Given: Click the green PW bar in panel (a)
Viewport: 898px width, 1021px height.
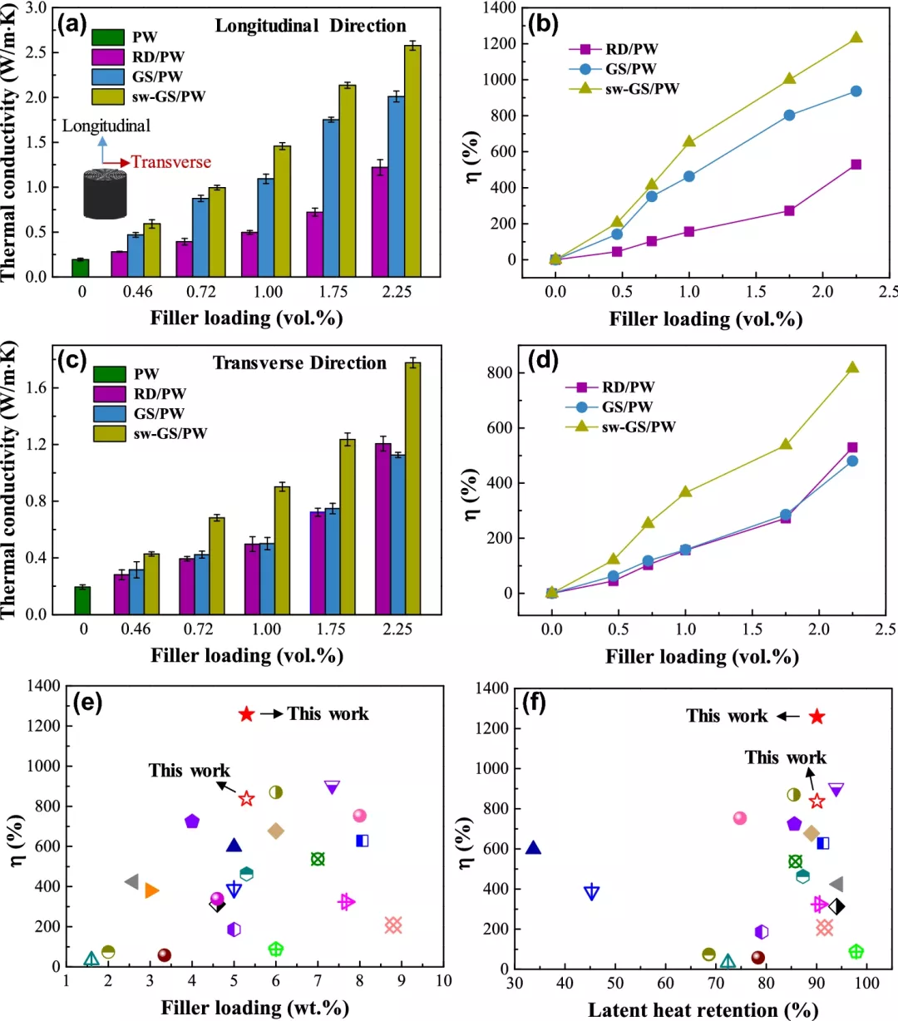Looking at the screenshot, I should click(x=80, y=268).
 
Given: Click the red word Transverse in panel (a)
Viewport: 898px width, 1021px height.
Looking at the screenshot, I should click(x=171, y=162).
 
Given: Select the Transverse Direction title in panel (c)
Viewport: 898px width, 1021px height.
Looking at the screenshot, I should click(x=299, y=363).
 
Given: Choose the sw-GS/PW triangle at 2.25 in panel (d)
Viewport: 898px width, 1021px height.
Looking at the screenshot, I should click(x=852, y=367).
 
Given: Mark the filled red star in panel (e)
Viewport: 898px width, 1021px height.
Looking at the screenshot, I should click(x=246, y=714).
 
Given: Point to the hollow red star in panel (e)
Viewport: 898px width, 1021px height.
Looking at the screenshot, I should click(x=246, y=799).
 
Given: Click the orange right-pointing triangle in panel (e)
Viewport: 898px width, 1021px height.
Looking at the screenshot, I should click(x=151, y=890).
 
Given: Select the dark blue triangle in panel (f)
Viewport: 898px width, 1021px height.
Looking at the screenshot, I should click(x=533, y=848).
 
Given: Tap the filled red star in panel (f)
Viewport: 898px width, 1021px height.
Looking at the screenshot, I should click(x=817, y=717).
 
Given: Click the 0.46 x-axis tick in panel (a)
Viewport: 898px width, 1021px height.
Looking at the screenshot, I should click(x=137, y=292).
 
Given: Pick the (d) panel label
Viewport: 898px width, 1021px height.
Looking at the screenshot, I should click(x=543, y=362).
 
